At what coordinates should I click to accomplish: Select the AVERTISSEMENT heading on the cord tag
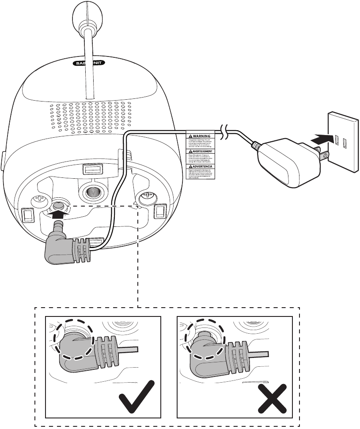[200, 150]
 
